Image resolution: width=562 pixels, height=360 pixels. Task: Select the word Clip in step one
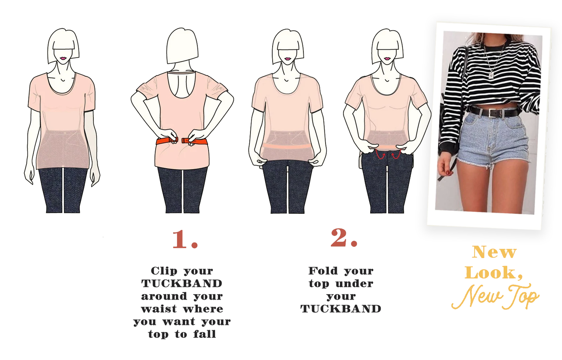point(164,271)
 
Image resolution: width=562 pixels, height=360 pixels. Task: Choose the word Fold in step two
point(321,271)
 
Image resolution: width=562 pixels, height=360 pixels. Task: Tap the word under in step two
point(354,284)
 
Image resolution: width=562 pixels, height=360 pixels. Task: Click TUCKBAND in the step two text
point(341,309)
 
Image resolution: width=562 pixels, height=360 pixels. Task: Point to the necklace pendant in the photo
point(492,75)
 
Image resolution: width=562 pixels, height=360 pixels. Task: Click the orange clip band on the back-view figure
point(182,141)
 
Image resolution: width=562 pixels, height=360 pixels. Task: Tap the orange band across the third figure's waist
point(287,147)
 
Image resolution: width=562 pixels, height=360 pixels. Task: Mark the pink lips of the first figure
point(63,58)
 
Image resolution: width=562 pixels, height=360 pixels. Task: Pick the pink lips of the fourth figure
point(387,59)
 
